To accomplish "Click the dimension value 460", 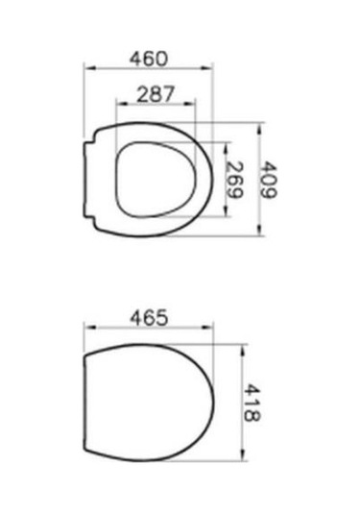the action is pos(149,59).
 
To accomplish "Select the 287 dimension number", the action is pos(156,94).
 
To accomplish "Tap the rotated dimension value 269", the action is pos(235,180).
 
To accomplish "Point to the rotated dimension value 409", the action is pos(269,180).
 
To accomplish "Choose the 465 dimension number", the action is pos(149,318).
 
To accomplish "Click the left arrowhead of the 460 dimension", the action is pos(89,68).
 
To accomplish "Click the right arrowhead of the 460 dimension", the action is pos(206,68).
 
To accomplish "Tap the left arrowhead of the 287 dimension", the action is pos(122,104).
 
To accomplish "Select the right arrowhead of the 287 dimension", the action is pos(189,104).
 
